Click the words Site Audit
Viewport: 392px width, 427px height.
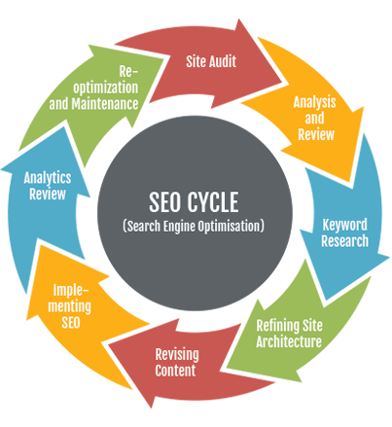coord(211,61)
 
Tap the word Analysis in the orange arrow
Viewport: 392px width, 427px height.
coord(314,102)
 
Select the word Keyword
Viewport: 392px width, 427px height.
coord(344,225)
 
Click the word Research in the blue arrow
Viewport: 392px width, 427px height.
coord(344,241)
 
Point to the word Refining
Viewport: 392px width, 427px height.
coord(277,326)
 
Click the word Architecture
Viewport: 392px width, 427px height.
coord(289,341)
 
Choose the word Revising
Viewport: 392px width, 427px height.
coord(177,355)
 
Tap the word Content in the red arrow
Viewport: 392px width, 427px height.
coord(175,371)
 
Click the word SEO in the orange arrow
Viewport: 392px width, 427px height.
coord(71,323)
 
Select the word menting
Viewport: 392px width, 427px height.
coord(69,306)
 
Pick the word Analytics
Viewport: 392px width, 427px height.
coord(48,178)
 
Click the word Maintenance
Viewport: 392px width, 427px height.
coord(105,104)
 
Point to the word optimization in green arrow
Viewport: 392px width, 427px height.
coord(106,89)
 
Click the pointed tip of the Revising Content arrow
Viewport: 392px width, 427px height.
coord(108,344)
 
